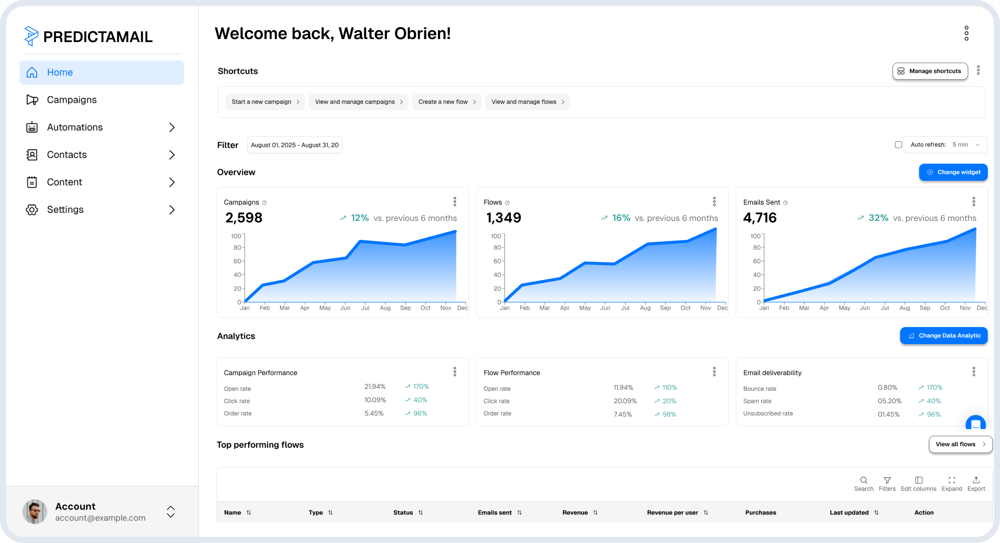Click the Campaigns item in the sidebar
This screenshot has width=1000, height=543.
72,100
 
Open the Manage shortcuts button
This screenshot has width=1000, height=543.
929,71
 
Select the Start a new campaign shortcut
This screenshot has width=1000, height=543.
265,102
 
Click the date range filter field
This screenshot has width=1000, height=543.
294,145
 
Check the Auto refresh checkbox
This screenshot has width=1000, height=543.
898,145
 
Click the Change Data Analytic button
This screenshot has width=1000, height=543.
943,336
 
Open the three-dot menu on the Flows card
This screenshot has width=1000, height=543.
714,201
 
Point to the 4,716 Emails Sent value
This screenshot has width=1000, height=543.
760,218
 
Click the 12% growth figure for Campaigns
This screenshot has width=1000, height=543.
359,218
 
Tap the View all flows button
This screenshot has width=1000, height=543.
960,444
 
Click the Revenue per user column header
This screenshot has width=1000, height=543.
672,512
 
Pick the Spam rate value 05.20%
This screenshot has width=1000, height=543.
889,401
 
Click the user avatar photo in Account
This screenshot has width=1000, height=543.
35,511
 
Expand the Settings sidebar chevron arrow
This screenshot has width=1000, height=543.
172,209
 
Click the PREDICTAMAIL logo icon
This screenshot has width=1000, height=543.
31,36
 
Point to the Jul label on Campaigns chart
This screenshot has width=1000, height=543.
365,308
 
